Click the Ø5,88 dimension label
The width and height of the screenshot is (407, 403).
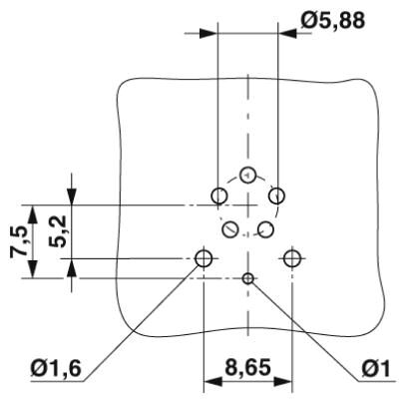coord(333,21)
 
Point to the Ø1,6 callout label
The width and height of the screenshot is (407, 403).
coord(56,368)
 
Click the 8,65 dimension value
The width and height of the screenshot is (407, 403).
coord(247,367)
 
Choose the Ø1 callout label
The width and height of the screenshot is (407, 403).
coord(376,369)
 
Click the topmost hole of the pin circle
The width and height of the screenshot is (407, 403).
coord(247,175)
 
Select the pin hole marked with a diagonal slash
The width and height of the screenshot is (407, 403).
coord(230,229)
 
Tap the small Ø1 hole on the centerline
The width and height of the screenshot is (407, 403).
coord(248,278)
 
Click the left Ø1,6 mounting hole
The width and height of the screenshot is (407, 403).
coord(203,258)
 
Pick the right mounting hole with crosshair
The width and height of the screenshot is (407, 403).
coord(292,258)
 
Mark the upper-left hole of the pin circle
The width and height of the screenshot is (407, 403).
coord(219,196)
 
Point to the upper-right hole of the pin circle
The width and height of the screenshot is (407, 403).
coord(276,196)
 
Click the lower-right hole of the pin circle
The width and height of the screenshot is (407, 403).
coord(265,229)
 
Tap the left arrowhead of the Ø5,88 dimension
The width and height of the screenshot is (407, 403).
coord(208,34)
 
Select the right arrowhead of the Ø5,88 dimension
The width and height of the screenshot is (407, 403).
coord(287,34)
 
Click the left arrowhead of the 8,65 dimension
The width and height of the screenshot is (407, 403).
coord(212,382)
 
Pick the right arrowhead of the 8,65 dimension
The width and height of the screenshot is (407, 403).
coord(283,382)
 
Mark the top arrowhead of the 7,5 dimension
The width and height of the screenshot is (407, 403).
coord(32,214)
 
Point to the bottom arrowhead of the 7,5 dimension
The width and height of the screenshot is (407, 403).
coord(32,268)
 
